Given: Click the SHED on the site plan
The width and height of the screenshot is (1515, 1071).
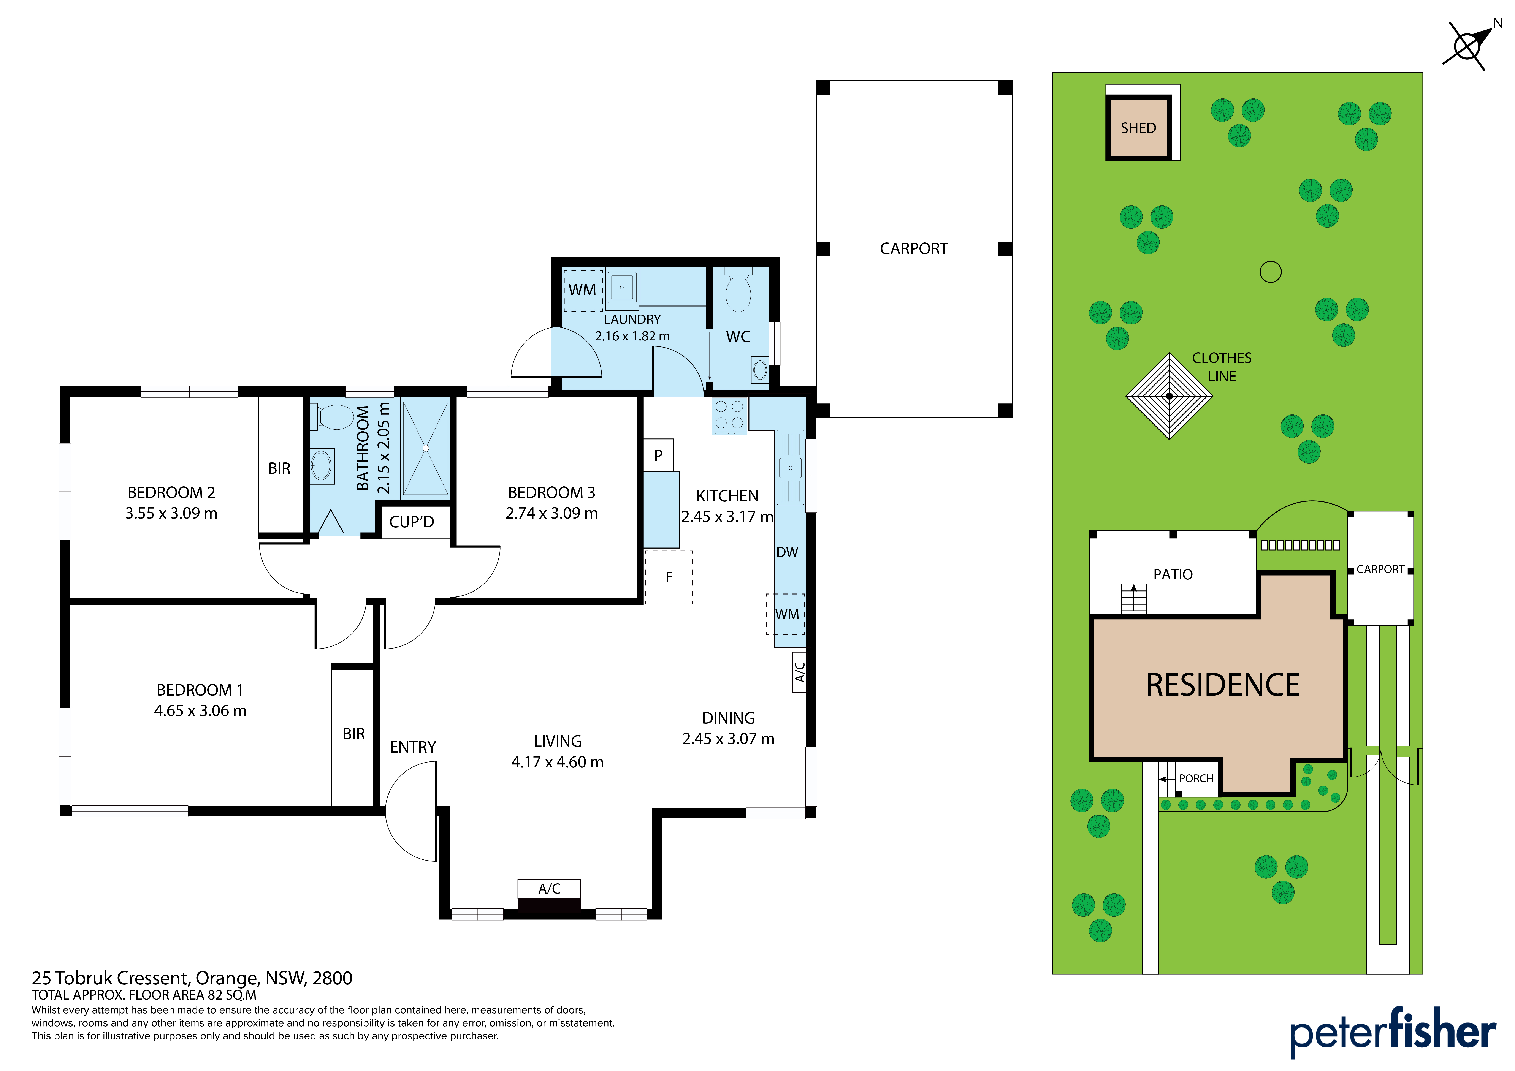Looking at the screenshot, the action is [1138, 127].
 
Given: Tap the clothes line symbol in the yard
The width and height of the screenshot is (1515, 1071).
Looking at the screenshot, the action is [1169, 396].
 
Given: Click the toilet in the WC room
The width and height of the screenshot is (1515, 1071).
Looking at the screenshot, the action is [738, 290].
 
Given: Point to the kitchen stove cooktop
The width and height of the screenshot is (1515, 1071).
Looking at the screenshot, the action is [729, 416].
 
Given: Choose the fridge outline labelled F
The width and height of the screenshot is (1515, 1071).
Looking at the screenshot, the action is [668, 577].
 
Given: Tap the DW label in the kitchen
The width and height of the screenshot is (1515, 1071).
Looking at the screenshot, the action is [787, 552].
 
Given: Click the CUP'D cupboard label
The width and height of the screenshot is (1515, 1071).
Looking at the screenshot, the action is [412, 522].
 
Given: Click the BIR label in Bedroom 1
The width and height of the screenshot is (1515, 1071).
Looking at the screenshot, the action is [354, 734].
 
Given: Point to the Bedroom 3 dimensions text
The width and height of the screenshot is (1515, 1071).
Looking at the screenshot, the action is [552, 513].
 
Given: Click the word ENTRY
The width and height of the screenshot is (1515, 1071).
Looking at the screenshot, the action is [413, 747].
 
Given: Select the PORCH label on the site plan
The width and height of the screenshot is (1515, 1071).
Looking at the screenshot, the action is [1196, 779].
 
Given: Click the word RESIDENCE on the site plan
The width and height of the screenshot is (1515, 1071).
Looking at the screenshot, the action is [1223, 685].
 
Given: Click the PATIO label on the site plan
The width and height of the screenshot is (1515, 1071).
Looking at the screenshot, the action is [1173, 575].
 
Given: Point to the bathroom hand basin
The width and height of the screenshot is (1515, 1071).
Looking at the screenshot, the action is [321, 466].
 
